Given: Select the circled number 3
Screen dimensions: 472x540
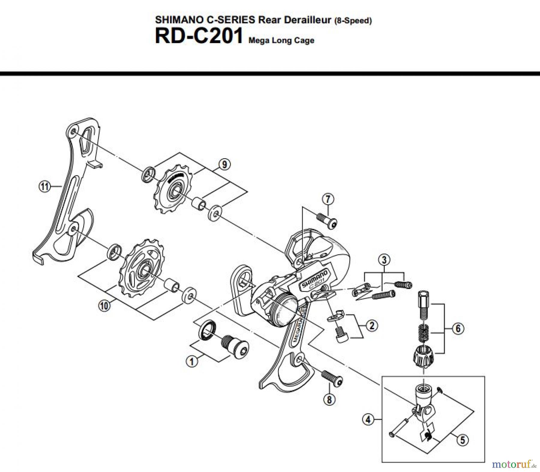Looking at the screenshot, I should (x=384, y=260).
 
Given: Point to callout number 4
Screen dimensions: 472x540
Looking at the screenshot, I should (x=368, y=419).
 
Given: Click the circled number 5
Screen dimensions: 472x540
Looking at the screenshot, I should (x=462, y=440).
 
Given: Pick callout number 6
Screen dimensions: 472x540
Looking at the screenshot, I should (x=458, y=328).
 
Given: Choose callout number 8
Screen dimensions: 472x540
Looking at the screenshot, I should (x=329, y=399).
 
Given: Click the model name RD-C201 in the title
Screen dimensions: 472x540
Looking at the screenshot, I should (x=198, y=37).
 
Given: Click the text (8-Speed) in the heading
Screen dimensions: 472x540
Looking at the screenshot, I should (x=352, y=21).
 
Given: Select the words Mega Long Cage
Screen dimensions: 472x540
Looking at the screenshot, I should (x=281, y=41).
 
